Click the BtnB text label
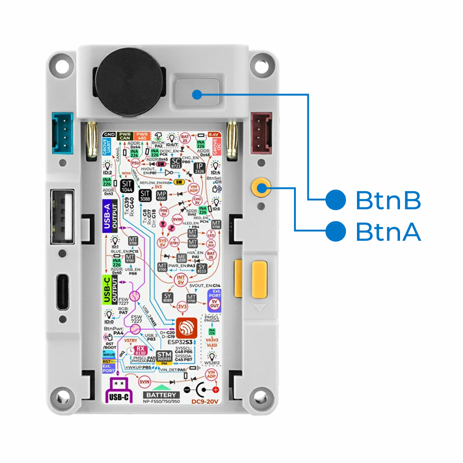coord(388,200)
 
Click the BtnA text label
coord(388,232)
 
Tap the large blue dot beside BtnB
coord(336,200)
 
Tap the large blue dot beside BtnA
coord(336,231)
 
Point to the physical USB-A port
coord(64,217)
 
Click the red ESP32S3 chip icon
coord(186,328)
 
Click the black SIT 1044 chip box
coord(127,187)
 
